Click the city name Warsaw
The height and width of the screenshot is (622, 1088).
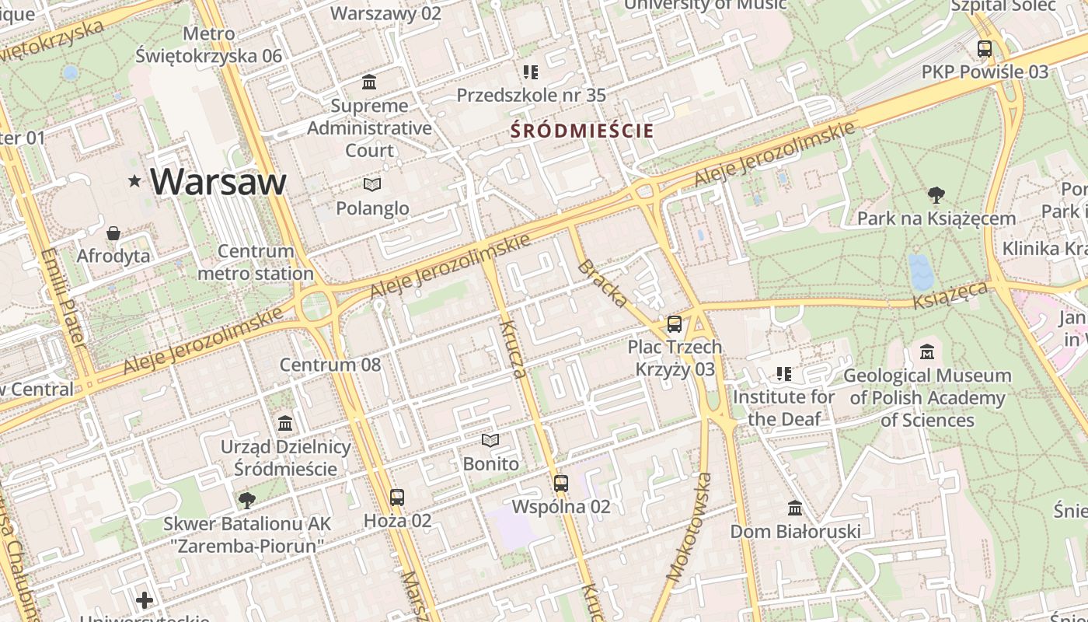tap(218, 181)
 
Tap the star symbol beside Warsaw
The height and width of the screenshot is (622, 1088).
tap(135, 181)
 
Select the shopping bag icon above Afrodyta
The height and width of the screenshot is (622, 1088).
tap(113, 233)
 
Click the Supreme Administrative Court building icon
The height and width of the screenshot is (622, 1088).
tap(369, 82)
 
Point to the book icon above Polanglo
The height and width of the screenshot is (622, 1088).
tap(372, 184)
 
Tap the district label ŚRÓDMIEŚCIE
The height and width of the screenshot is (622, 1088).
tap(582, 131)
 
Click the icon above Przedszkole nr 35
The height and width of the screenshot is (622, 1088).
tap(531, 72)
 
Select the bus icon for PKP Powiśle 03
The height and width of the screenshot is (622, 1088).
tap(985, 49)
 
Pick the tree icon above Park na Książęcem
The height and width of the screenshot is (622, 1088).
tap(936, 195)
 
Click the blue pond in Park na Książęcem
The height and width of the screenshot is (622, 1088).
tap(921, 271)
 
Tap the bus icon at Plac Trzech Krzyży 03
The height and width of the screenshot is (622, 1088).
tap(675, 324)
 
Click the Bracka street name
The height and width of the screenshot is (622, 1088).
tap(603, 283)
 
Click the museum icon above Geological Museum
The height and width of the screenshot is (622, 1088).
tap(926, 352)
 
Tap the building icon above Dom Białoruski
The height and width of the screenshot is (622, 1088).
tap(794, 508)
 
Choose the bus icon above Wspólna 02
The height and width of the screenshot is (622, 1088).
tap(561, 484)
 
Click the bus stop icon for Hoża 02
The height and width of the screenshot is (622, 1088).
tap(397, 497)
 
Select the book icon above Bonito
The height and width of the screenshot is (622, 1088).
tap(490, 441)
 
